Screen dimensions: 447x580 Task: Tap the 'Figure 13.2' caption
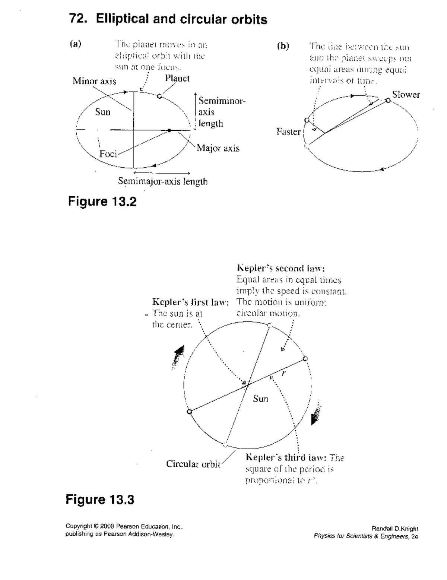tap(102, 202)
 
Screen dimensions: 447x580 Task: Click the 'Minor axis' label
tap(94, 81)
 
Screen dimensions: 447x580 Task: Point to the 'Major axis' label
tap(218, 148)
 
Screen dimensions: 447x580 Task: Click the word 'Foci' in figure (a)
tap(108, 154)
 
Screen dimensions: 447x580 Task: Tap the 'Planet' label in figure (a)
tap(177, 78)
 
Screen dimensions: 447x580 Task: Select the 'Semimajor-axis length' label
tap(163, 181)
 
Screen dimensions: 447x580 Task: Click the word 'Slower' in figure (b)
tap(406, 95)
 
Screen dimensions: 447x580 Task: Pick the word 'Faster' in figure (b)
tap(288, 131)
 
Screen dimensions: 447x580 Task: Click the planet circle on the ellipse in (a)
tap(159, 96)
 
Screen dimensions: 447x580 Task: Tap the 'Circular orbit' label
tap(193, 464)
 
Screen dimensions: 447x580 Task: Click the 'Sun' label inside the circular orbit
tap(260, 399)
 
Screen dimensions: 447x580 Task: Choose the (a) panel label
tap(76, 44)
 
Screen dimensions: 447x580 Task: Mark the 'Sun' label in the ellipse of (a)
tap(102, 112)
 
